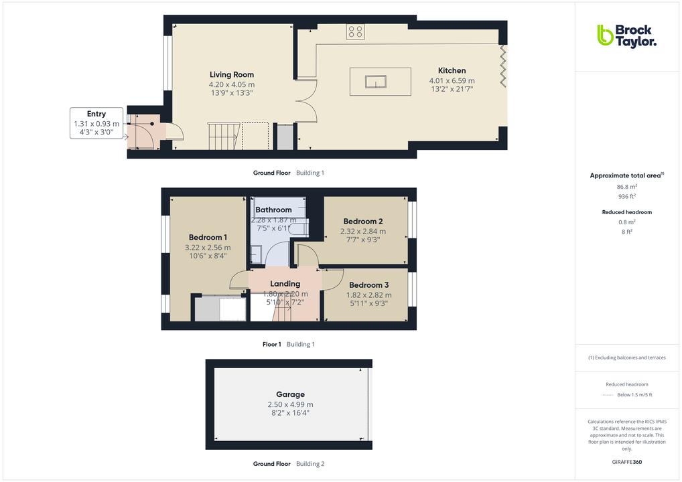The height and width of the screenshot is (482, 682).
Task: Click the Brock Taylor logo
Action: pyautogui.click(x=626, y=35)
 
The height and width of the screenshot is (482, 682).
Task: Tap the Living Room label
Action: pyautogui.click(x=231, y=74)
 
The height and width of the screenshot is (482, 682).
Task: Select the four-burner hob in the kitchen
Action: pyautogui.click(x=355, y=31)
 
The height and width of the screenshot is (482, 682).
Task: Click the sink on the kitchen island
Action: pyautogui.click(x=376, y=82)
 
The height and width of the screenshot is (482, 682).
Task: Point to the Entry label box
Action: pyautogui.click(x=96, y=123)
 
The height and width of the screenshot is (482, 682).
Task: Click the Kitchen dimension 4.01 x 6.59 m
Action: pyautogui.click(x=452, y=81)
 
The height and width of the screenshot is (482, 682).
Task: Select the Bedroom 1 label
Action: pyautogui.click(x=208, y=237)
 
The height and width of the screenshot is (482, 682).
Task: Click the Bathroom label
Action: pyautogui.click(x=273, y=210)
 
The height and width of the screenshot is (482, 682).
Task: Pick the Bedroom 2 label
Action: pyautogui.click(x=363, y=221)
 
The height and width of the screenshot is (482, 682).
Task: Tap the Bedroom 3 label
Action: pyautogui.click(x=368, y=285)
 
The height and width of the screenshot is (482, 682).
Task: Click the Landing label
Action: pyautogui.click(x=285, y=283)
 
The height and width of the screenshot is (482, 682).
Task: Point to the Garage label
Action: pyautogui.click(x=290, y=394)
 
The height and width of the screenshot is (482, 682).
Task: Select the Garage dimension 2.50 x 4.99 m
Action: pyautogui.click(x=290, y=404)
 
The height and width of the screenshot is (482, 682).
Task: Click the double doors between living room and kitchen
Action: pyautogui.click(x=306, y=101)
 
